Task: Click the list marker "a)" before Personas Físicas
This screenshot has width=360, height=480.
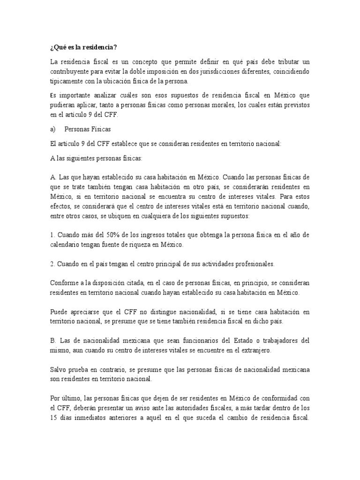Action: [x=52, y=129]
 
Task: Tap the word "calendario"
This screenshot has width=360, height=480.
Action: [x=66, y=245]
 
